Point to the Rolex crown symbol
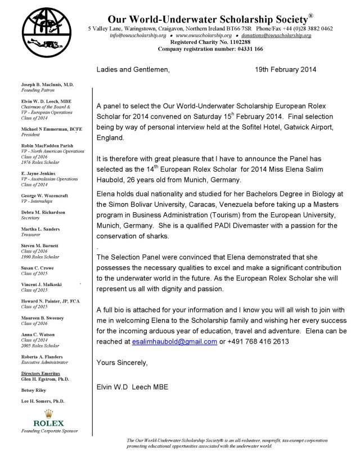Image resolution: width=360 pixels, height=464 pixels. (48, 413)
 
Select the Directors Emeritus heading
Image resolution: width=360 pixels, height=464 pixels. (42, 373)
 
